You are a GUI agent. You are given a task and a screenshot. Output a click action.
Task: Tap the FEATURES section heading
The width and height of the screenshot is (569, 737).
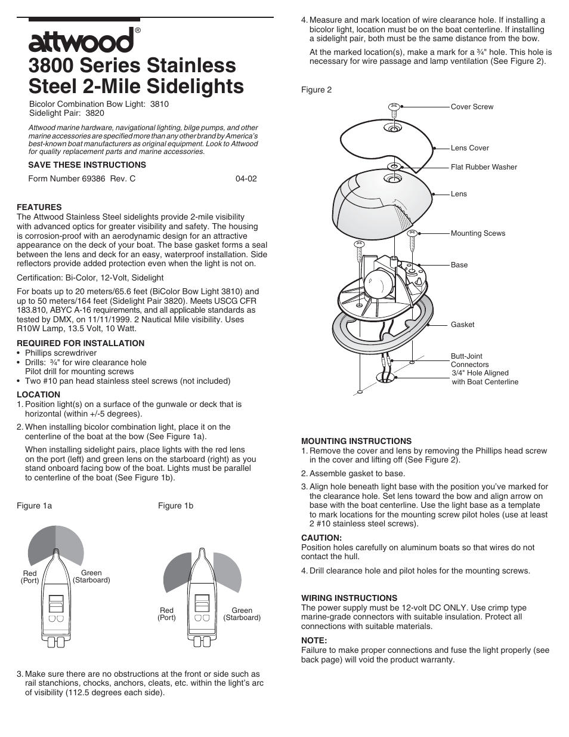click(x=39, y=208)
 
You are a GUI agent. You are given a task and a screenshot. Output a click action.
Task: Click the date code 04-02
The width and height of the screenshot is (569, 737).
click(x=246, y=178)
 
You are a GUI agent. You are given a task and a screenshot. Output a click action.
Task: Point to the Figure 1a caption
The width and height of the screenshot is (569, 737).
click(x=34, y=505)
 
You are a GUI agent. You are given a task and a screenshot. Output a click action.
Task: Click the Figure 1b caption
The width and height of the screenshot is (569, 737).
click(x=175, y=505)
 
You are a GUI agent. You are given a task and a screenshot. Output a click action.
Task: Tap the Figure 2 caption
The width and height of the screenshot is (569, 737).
click(x=316, y=90)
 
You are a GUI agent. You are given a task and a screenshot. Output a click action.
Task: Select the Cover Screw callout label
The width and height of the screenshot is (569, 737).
click(x=472, y=107)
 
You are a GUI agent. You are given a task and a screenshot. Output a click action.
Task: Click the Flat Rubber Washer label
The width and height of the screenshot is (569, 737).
click(x=484, y=167)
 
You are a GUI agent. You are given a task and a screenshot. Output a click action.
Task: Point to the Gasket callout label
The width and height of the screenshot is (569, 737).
click(x=462, y=325)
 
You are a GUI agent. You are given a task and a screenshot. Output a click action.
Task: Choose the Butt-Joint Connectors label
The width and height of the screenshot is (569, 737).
click(x=469, y=360)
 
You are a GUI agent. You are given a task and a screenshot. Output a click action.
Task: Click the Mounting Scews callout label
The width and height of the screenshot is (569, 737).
click(x=478, y=233)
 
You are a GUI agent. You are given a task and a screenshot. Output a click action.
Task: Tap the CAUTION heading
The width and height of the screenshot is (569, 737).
click(x=321, y=538)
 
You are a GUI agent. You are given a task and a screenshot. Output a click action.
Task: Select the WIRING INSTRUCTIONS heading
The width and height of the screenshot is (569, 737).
click(x=349, y=598)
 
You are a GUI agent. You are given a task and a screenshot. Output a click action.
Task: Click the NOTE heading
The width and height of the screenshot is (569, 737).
click(x=314, y=640)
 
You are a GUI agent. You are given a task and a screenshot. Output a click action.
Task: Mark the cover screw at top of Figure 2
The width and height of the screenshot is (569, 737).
click(x=393, y=108)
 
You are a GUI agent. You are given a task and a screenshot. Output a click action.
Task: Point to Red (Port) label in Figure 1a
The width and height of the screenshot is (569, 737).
click(x=30, y=576)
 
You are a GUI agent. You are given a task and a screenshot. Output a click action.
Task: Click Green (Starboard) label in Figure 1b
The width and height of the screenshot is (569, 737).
click(x=242, y=614)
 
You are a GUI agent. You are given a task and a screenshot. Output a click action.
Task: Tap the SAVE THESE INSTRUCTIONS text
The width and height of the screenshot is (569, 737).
click(x=87, y=165)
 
